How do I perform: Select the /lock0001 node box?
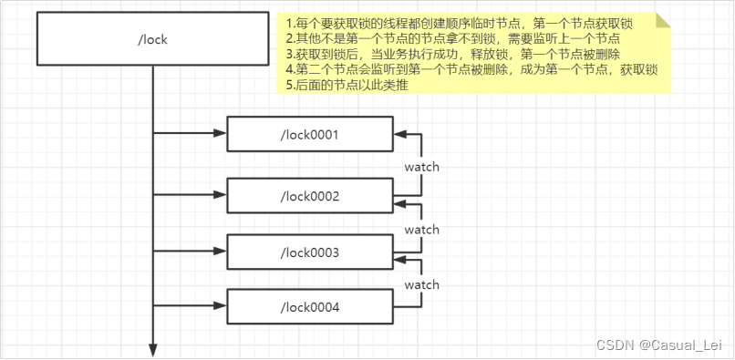pos(309,135)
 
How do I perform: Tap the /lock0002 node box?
pos(309,196)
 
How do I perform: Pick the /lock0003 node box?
pos(309,252)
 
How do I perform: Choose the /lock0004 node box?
pos(309,308)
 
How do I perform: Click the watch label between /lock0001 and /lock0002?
pos(421,167)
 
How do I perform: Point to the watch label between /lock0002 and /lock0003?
pos(421,229)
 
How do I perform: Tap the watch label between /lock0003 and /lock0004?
pos(421,284)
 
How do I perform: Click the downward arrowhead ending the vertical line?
pos(153,350)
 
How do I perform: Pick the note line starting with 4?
pos(471,69)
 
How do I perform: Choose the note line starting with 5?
pos(346,85)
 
